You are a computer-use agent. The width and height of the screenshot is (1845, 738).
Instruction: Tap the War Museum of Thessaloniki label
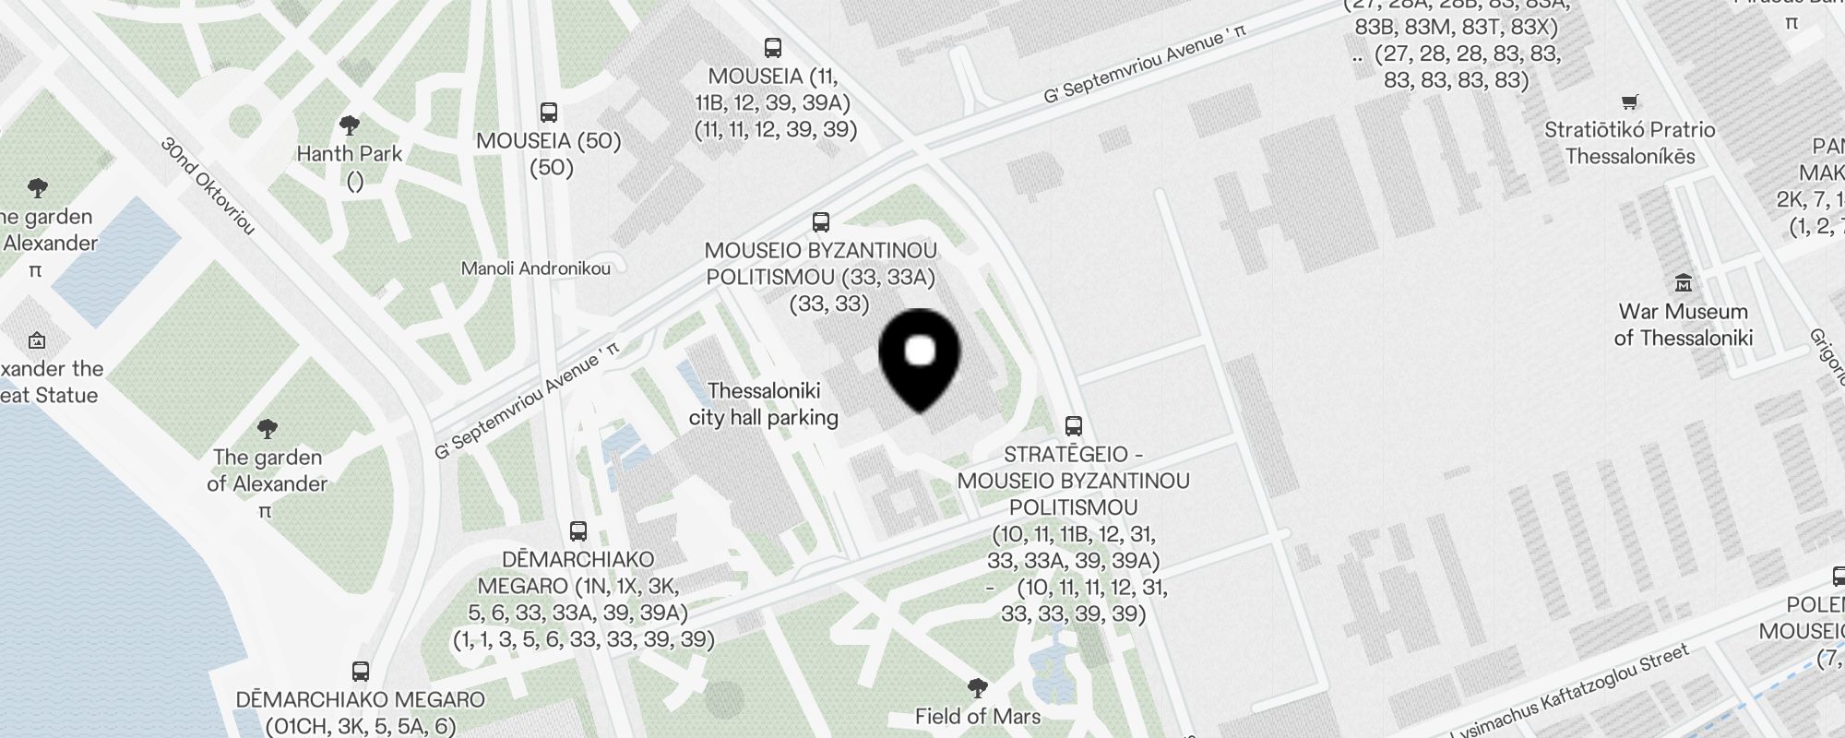pos(1683,325)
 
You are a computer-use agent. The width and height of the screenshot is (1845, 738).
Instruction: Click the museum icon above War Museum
pos(1684,282)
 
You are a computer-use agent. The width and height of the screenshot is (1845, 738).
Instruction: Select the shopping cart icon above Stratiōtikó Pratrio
pos(1630,101)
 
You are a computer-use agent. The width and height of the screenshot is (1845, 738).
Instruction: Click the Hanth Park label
pos(350,154)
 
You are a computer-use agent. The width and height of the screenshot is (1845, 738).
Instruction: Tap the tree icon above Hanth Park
pos(350,125)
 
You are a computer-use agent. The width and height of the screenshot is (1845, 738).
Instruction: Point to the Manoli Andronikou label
pos(536,269)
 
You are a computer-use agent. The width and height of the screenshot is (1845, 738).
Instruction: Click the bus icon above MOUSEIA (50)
pos(549,113)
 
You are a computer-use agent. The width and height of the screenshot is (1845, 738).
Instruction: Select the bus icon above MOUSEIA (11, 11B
pos(773,48)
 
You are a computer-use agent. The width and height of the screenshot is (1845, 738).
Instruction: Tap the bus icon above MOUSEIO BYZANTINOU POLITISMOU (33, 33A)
pos(821,222)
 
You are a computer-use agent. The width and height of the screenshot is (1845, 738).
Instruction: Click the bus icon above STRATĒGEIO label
pos(1073,426)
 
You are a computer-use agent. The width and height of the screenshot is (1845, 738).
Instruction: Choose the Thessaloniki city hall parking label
pos(764,404)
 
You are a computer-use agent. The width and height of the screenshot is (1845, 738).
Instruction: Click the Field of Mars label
pos(978,717)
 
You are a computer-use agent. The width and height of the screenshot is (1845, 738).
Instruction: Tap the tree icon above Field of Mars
pos(978,687)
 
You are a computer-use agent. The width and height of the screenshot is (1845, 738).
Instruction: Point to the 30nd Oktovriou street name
pos(208,185)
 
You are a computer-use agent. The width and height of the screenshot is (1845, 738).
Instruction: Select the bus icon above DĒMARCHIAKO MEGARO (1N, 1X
pos(578,531)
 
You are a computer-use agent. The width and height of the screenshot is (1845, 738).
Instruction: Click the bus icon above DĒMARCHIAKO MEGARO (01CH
pos(361,672)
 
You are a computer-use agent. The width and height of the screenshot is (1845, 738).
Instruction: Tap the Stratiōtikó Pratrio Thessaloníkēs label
pos(1630,143)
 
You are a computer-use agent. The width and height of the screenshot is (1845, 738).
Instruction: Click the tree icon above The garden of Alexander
pos(268,428)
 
